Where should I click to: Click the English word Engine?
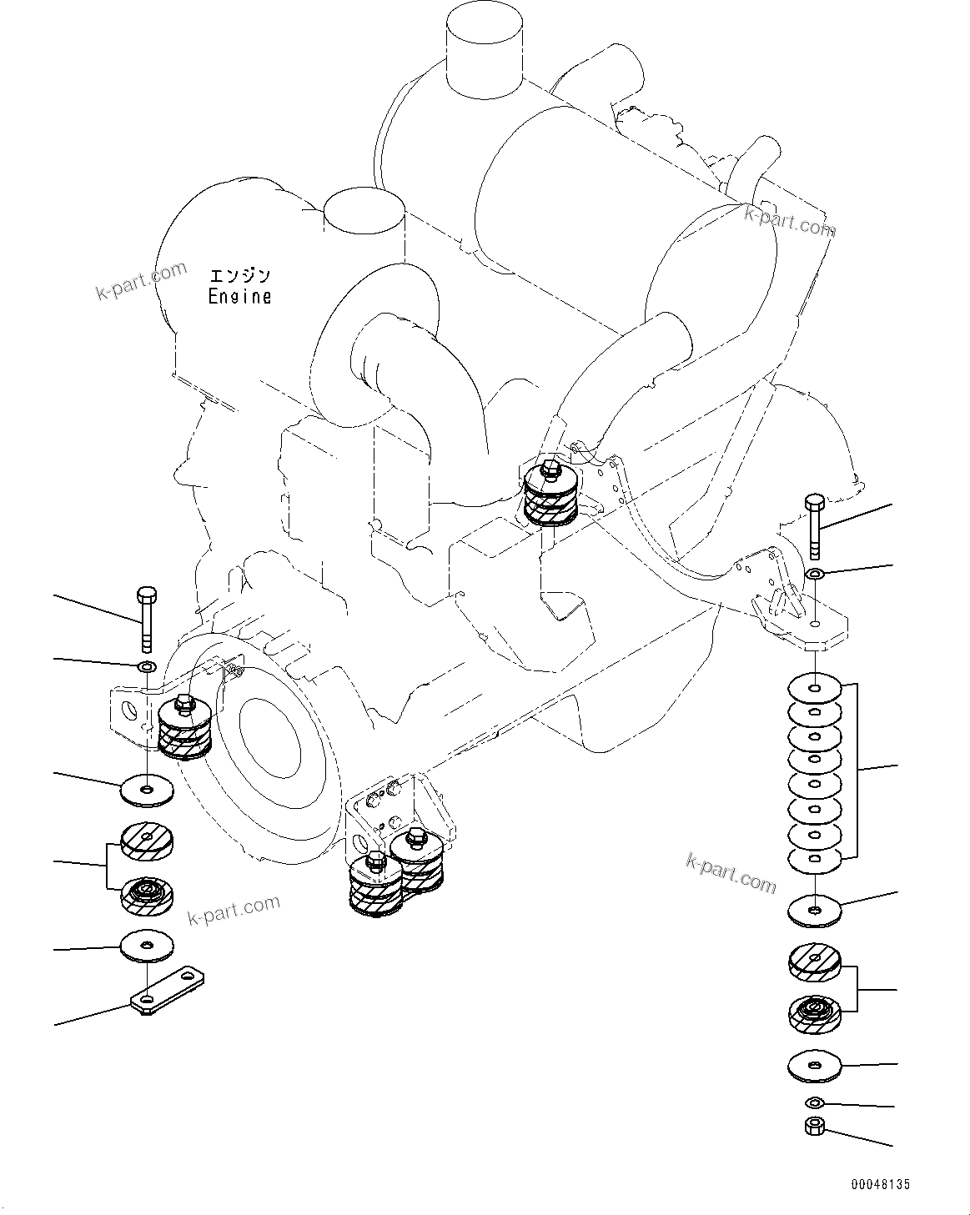239,296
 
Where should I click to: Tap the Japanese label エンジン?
240,276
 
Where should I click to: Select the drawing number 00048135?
881,1184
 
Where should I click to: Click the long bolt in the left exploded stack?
146,620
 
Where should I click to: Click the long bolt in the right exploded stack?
814,526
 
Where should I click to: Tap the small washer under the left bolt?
147,667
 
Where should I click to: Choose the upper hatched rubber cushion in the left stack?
148,841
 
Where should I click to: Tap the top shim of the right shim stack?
815,689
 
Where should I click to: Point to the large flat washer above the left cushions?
148,789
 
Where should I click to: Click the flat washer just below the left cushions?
148,946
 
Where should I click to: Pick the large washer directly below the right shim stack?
815,911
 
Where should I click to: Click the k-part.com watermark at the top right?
790,222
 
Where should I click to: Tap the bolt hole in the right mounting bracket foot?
815,624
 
